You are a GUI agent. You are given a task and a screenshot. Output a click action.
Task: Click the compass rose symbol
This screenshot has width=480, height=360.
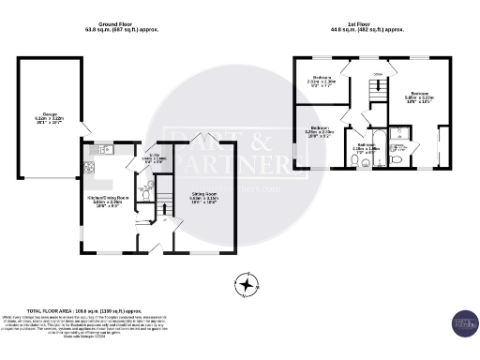pos(246,283)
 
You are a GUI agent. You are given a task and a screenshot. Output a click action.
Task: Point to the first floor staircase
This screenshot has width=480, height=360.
pos(378,92)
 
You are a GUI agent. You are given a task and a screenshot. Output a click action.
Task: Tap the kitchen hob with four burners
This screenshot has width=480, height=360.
pos(91,169)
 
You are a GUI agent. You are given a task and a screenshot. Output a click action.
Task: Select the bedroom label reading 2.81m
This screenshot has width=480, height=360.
pos(322,80)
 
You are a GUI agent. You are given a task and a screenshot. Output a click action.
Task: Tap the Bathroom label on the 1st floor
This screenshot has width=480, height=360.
pos(366,147)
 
